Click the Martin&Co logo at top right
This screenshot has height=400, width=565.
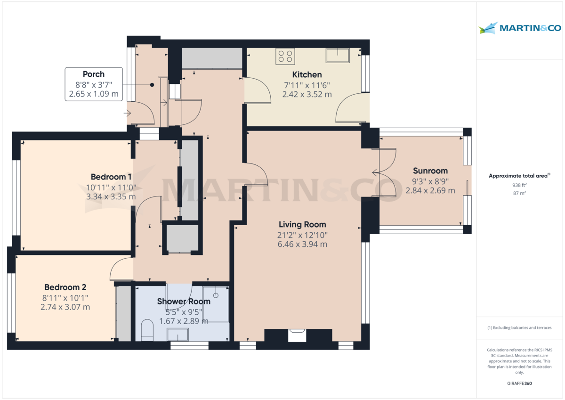520,28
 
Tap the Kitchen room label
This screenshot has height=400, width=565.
307,74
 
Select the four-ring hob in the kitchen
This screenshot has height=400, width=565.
285,57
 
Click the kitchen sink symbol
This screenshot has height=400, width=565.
337,55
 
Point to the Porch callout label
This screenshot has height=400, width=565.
94,74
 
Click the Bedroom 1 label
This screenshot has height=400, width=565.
111,177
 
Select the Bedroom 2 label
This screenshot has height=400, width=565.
65,287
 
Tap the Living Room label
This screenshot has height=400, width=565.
302,224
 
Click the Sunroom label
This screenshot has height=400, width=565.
430,171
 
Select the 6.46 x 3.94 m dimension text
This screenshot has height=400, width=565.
302,244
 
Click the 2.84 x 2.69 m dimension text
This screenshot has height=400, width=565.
430,190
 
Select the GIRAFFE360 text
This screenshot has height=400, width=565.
519,384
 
